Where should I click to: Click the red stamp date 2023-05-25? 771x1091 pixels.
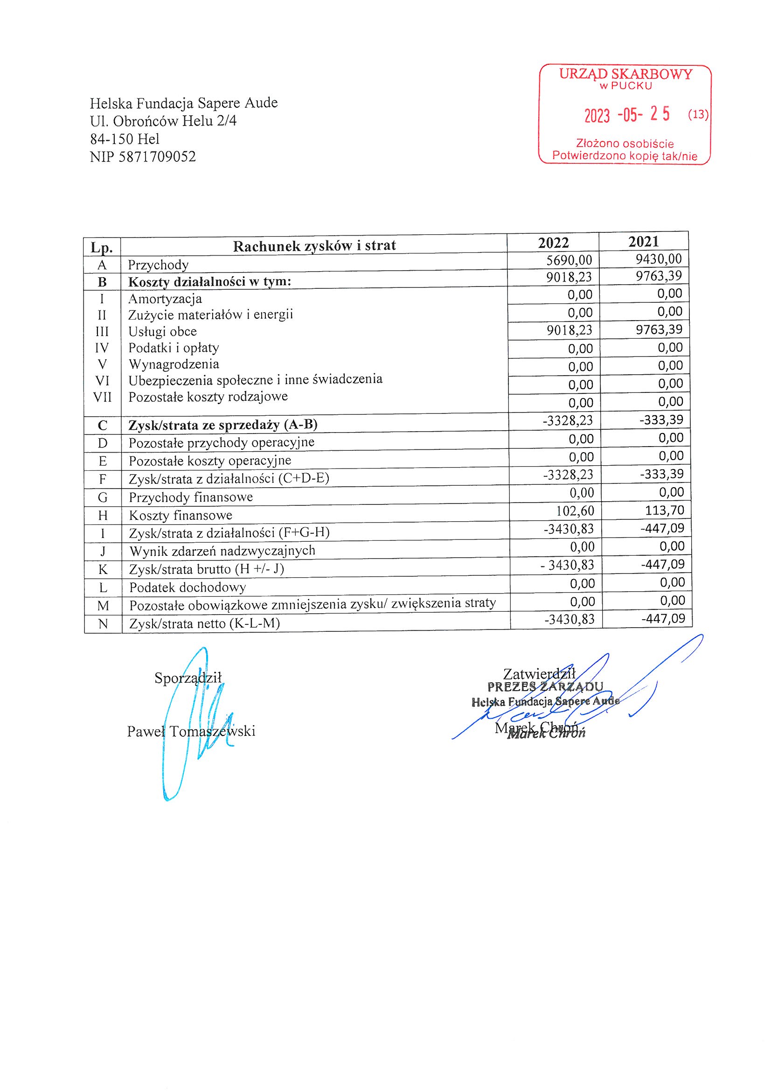(x=626, y=114)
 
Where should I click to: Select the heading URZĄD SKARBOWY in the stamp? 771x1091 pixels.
(x=625, y=74)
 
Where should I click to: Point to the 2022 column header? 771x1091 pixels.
(x=553, y=243)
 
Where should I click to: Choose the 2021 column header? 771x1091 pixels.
(x=643, y=242)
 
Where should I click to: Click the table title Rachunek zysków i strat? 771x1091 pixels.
(x=314, y=245)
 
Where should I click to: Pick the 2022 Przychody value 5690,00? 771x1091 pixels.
(x=569, y=260)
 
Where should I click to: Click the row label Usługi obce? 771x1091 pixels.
(x=162, y=332)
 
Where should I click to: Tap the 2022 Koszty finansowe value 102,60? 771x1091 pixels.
(x=575, y=511)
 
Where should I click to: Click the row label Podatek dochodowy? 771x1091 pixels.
(x=188, y=588)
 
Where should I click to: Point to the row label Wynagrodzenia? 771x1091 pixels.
(x=174, y=364)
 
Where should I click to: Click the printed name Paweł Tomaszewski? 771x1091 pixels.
(x=191, y=731)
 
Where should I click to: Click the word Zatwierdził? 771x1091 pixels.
(x=539, y=674)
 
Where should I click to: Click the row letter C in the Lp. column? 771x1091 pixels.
(x=103, y=425)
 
